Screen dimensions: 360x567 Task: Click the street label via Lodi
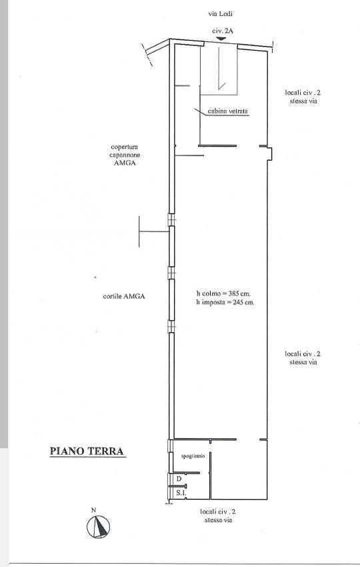(x=220, y=14)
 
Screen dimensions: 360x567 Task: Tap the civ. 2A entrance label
(x=223, y=31)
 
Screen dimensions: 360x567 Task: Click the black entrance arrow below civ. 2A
(x=221, y=38)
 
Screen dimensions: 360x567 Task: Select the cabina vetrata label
(x=228, y=111)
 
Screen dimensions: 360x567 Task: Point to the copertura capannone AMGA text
(x=125, y=155)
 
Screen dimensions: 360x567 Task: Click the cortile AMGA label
(x=124, y=296)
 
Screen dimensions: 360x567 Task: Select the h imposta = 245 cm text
(x=225, y=302)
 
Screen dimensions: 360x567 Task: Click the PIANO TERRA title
(x=87, y=452)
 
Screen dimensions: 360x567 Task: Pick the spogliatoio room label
(x=193, y=456)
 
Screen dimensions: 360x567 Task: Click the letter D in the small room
(x=179, y=479)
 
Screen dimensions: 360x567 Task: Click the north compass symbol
(x=98, y=527)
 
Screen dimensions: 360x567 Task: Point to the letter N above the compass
(x=93, y=510)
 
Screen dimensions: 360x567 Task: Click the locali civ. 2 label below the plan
(x=218, y=516)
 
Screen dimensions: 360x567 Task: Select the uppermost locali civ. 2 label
(x=303, y=97)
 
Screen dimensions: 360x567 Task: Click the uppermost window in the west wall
(x=171, y=219)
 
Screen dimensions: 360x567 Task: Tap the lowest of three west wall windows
(x=171, y=327)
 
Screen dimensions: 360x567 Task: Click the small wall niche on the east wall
(x=269, y=153)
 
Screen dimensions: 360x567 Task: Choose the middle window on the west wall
(x=171, y=273)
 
